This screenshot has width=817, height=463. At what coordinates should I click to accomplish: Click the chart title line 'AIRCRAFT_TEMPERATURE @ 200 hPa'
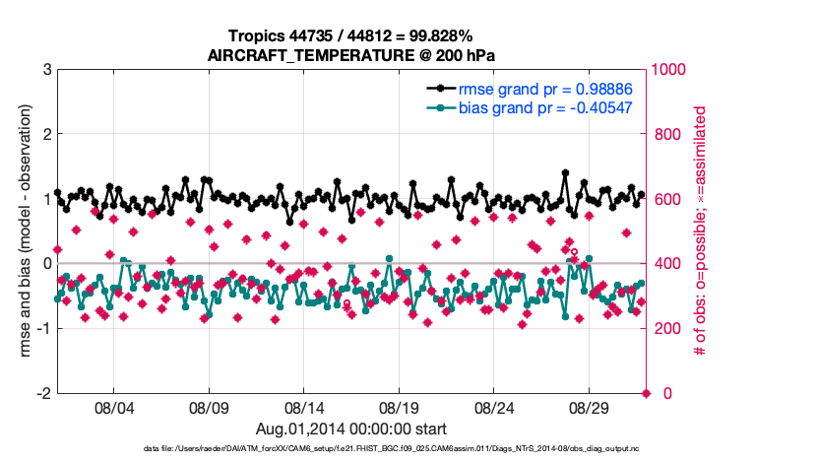351,55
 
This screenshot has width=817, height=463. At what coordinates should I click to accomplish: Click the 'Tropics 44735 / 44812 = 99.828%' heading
351,36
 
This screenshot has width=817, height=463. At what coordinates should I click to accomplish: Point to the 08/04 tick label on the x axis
113,407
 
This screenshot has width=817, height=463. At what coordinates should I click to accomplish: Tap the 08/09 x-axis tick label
209,407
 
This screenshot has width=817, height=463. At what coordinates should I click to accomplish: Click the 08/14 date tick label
304,407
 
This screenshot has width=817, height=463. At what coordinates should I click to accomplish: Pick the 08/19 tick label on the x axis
400,407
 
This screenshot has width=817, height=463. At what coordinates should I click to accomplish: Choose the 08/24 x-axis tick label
495,407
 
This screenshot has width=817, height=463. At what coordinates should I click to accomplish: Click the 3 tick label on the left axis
46,70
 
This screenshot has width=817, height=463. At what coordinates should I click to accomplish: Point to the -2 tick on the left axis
43,393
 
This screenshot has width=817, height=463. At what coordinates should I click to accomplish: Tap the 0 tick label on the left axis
46,264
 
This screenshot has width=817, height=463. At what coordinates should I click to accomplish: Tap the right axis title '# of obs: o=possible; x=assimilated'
702,231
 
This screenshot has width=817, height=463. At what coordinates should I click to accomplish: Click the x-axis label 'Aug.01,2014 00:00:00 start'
351,429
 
